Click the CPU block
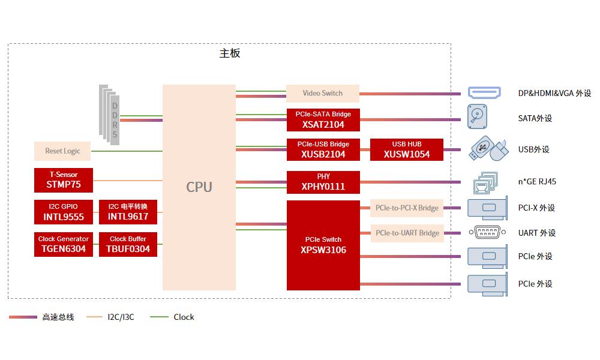coord(199,187)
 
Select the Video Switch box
coord(323,94)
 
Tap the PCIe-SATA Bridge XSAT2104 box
coord(323,120)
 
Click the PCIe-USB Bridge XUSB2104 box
coord(323,149)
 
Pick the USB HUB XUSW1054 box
coord(407,149)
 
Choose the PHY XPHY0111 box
coord(323,182)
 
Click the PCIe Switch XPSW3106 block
coord(323,245)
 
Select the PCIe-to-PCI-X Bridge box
coord(407,208)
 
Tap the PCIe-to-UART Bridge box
coord(407,233)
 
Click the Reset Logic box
coord(62,151)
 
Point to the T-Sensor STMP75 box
coord(64,180)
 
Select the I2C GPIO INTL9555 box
coord(64,212)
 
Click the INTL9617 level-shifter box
coord(128,212)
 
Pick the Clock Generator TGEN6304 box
coord(64,244)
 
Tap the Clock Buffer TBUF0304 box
coord(128,244)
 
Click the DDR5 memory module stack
coord(110,114)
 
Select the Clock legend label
coord(184,317)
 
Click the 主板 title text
coord(230,53)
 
